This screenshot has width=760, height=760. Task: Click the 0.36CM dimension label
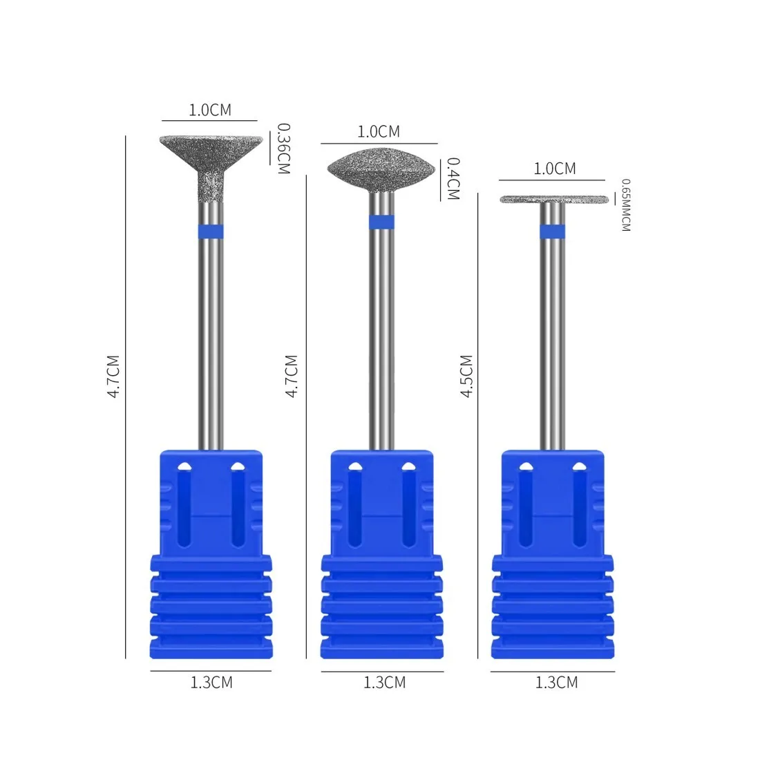[x=283, y=149]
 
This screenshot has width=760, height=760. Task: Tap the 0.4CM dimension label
[x=453, y=178]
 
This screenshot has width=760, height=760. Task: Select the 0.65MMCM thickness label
[x=626, y=205]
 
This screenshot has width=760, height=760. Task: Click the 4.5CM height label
[x=466, y=376]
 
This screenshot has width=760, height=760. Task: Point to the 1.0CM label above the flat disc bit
[x=555, y=169]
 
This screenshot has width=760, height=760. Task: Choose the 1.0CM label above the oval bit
[x=379, y=131]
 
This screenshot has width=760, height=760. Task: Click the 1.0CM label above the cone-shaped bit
[x=210, y=110]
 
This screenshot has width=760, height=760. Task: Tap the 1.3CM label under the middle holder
[x=384, y=683]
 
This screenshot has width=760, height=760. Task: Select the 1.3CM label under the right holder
[x=556, y=683]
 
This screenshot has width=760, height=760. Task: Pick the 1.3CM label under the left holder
[x=211, y=683]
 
